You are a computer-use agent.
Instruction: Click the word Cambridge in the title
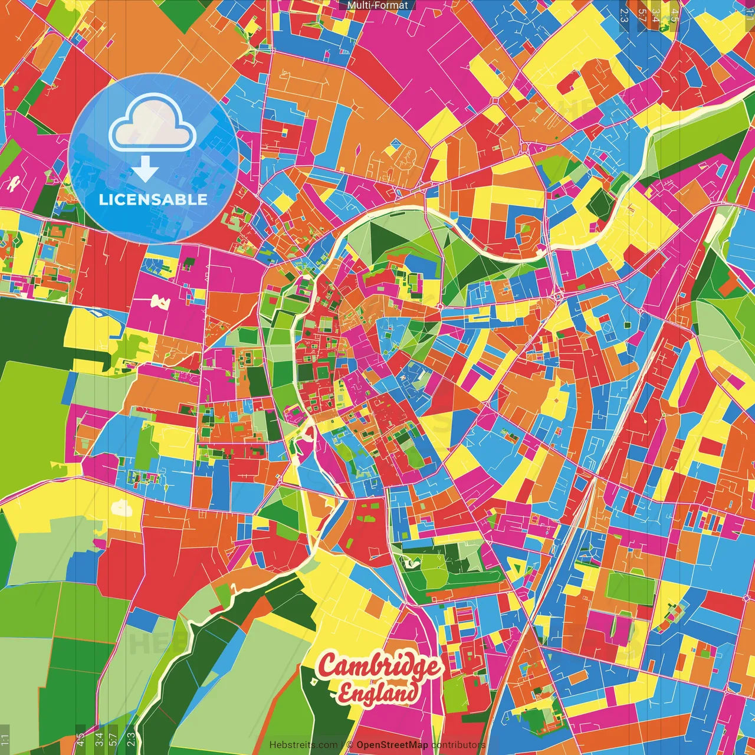[379, 667]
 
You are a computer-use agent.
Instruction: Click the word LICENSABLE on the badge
[153, 199]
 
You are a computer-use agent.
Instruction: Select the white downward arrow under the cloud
[145, 169]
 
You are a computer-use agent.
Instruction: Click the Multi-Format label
[377, 5]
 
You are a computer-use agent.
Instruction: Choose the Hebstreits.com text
[303, 745]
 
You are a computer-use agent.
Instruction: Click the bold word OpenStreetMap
[392, 745]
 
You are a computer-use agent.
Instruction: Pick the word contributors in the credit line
[458, 745]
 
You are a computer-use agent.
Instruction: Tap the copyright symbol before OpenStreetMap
[350, 745]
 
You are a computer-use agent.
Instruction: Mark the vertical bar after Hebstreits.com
[342, 745]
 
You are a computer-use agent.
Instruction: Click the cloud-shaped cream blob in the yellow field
[122, 507]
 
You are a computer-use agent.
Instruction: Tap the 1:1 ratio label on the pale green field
[5, 738]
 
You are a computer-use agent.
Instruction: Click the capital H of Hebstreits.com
[273, 745]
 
